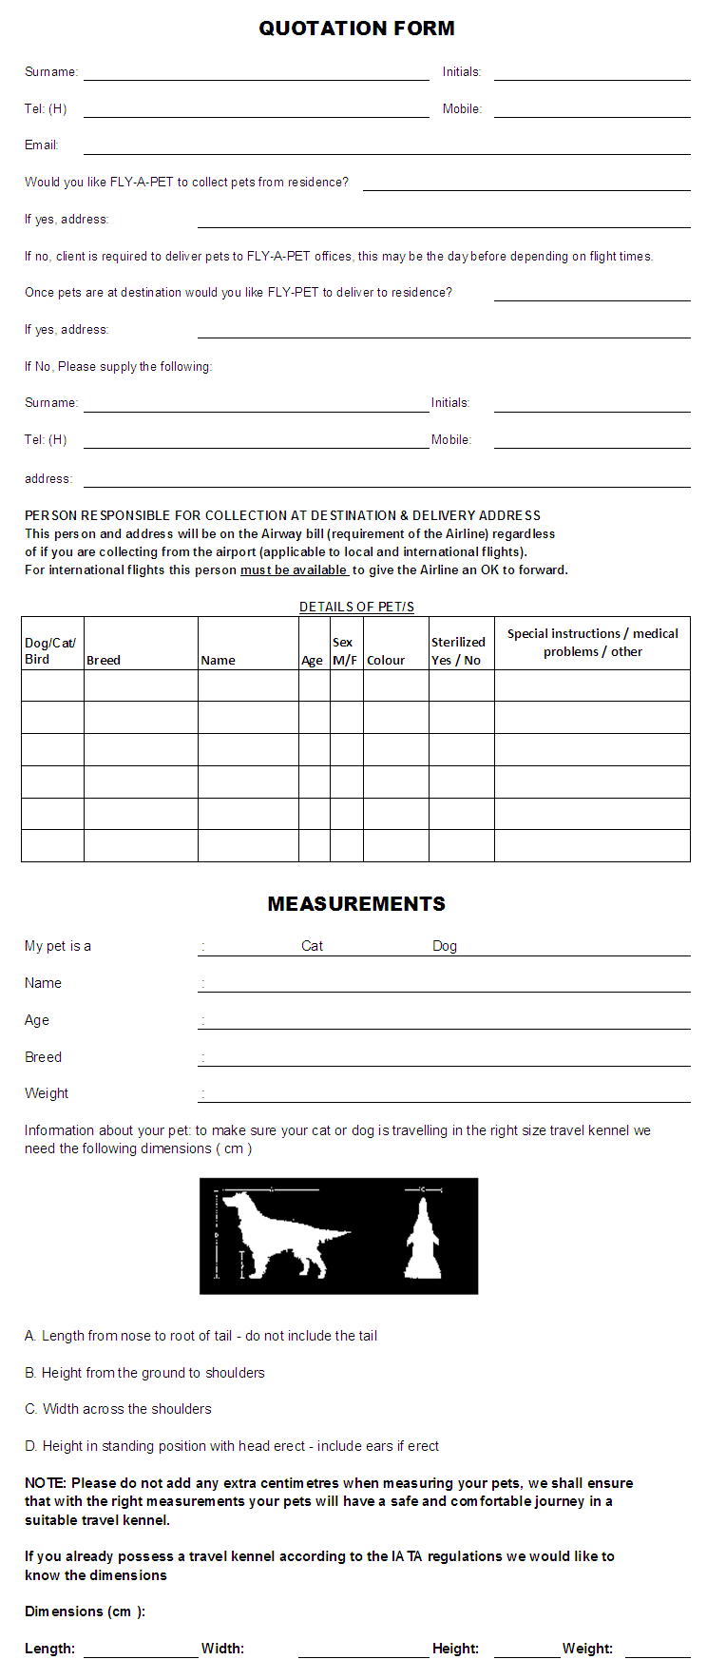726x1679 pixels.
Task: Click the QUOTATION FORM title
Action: click(x=356, y=29)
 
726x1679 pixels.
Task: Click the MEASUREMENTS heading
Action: click(x=356, y=904)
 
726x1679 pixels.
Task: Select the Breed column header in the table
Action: click(x=104, y=660)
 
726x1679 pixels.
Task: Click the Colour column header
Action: click(x=386, y=660)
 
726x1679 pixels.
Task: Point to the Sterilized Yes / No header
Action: click(x=458, y=651)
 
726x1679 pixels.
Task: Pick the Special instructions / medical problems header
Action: click(x=592, y=643)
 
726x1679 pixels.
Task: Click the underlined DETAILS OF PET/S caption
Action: click(x=356, y=607)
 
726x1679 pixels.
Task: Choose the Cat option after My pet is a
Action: click(x=312, y=946)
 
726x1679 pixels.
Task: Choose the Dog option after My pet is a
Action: click(x=445, y=946)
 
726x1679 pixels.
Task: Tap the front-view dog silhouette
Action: click(x=424, y=1238)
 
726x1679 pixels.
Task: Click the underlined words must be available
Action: click(x=294, y=570)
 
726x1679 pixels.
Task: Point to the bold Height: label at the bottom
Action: click(x=455, y=1649)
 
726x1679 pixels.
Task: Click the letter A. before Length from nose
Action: click(x=30, y=1336)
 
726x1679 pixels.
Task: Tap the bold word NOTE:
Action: click(x=46, y=1483)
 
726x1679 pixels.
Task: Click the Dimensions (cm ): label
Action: click(x=85, y=1611)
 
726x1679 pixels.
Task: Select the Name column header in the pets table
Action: click(x=219, y=660)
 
